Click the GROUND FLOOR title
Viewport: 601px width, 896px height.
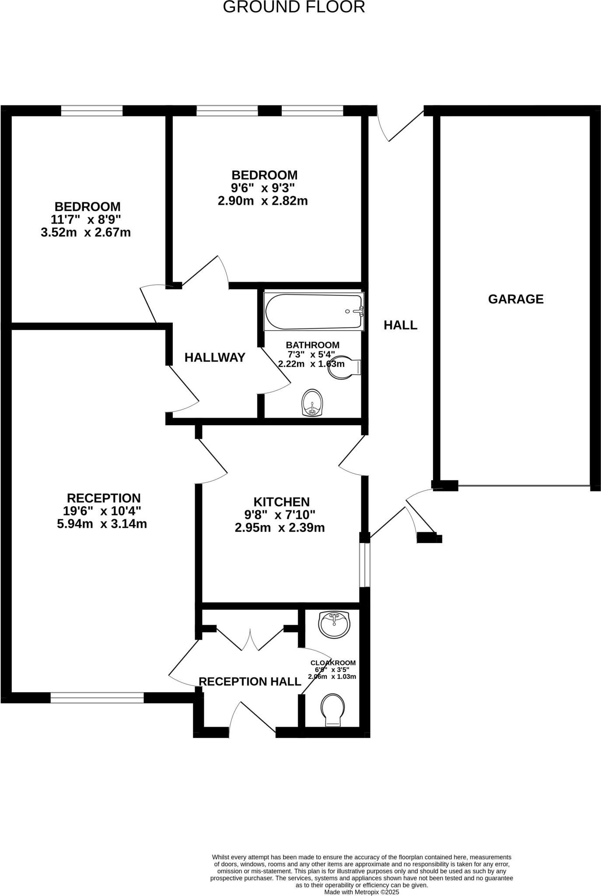[294, 7]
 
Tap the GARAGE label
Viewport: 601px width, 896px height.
[516, 299]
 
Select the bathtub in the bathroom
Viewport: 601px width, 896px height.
[314, 311]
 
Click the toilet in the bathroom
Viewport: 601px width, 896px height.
[345, 367]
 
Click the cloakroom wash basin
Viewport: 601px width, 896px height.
[335, 624]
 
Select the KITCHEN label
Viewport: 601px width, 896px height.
[281, 502]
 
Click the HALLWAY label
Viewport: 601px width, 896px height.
[215, 358]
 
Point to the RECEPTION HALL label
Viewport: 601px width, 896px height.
[250, 682]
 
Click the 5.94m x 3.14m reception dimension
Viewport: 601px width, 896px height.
[102, 524]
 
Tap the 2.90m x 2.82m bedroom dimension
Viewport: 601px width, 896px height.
[263, 201]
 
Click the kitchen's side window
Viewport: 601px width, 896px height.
[365, 564]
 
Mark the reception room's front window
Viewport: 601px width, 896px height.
[97, 697]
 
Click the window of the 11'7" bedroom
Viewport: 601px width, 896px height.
[92, 111]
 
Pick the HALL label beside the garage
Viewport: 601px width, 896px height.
[400, 325]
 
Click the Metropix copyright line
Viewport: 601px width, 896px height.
[361, 892]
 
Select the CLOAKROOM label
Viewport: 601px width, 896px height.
[333, 663]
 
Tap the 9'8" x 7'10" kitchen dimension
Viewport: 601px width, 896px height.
[280, 515]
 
